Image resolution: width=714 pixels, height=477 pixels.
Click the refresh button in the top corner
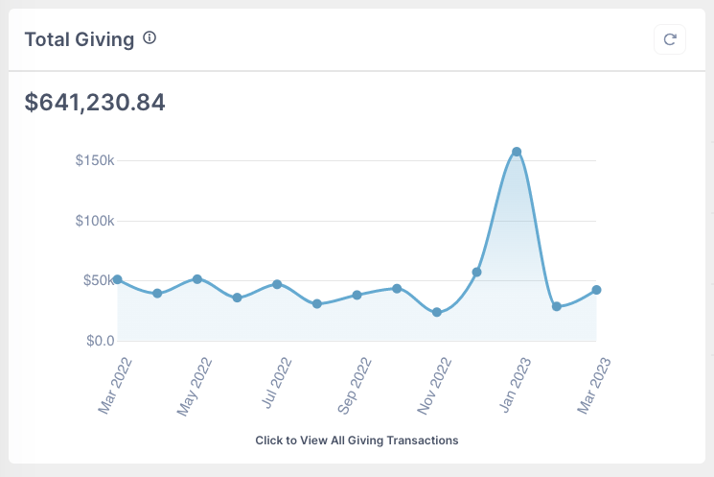click(670, 39)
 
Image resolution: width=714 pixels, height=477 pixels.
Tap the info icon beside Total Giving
click(150, 38)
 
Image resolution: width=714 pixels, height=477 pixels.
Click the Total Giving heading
click(79, 39)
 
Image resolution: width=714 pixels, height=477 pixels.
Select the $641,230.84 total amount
click(95, 102)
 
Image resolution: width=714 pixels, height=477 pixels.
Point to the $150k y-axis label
click(95, 160)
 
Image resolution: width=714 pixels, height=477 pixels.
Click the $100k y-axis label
click(95, 221)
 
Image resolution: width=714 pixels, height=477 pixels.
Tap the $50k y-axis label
click(98, 280)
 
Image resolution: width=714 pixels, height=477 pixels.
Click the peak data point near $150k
click(517, 152)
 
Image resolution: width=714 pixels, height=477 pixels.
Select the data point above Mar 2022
click(117, 279)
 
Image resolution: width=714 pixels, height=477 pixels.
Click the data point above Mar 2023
click(596, 290)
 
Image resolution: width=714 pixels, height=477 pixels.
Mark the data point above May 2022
click(197, 279)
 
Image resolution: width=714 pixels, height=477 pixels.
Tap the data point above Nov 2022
click(437, 312)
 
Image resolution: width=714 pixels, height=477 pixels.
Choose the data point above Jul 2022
click(277, 284)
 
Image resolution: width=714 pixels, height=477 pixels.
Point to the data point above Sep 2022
click(357, 295)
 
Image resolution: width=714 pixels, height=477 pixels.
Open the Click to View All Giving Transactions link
click(357, 441)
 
